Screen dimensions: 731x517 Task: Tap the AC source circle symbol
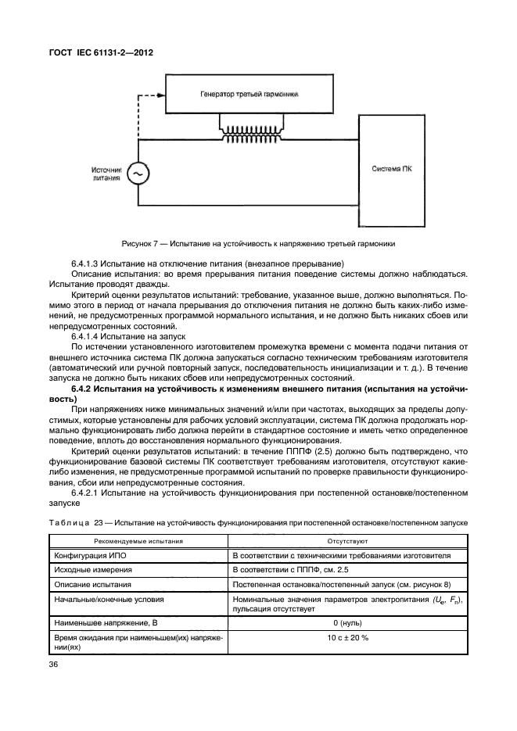coord(138,173)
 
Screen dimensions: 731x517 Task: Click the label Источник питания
coord(106,173)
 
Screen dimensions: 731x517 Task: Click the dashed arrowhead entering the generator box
coord(160,94)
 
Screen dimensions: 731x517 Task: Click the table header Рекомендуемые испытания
coord(139,540)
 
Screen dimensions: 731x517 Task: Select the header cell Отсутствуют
coord(348,540)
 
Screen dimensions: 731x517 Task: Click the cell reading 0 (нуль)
coord(348,623)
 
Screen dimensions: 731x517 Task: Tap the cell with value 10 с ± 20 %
coord(348,640)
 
